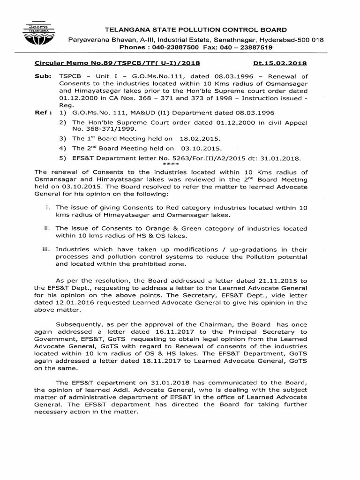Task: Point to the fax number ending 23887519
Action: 252,47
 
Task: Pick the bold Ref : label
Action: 43,113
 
